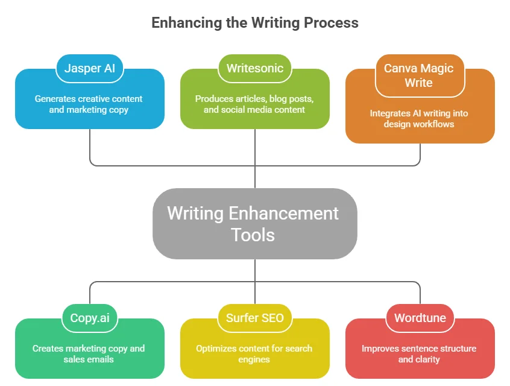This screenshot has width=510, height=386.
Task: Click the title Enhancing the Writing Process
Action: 254,23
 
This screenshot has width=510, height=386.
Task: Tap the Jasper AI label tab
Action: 90,68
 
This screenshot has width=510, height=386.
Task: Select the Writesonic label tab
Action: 254,68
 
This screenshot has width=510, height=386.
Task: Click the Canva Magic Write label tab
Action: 419,75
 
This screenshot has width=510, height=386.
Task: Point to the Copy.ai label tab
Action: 90,318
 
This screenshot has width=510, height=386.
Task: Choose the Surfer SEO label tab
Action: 254,318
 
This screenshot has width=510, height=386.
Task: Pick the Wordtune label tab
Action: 419,318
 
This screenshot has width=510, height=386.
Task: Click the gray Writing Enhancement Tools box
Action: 254,223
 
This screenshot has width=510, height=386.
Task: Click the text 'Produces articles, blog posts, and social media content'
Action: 254,104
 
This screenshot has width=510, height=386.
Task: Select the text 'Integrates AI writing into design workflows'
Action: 419,118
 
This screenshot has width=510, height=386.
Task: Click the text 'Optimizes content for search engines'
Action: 254,353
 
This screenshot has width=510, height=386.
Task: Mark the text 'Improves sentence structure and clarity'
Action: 419,353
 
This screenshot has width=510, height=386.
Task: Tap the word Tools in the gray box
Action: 253,234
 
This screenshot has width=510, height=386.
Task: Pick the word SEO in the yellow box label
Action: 271,318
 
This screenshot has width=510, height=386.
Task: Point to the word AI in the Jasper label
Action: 109,68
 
